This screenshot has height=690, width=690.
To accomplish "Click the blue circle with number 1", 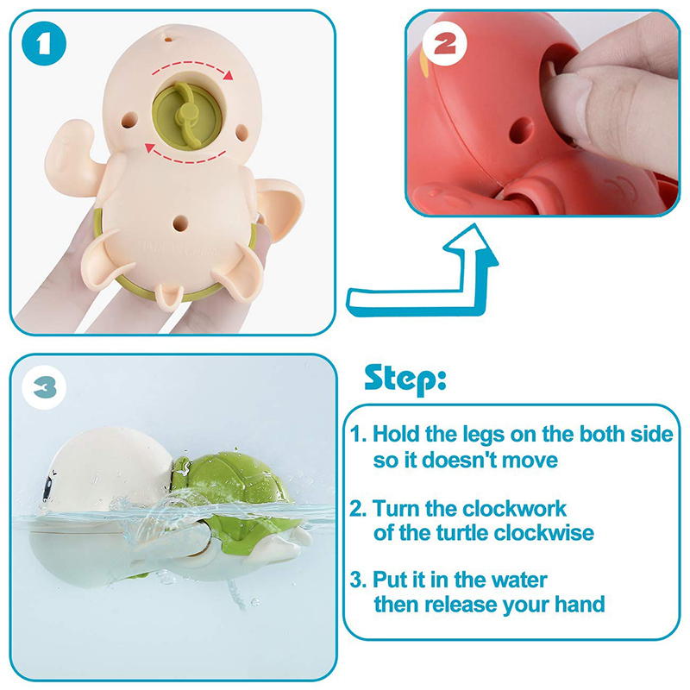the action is [x=44, y=44].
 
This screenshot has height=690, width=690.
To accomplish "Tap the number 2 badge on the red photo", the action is [x=444, y=44].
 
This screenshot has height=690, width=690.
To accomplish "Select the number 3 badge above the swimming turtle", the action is [x=44, y=387].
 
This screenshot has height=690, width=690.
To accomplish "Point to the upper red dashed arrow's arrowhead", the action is [x=228, y=75].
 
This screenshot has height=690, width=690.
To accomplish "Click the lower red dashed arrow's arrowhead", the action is [x=150, y=148].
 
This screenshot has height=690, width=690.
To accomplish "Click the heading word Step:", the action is [x=405, y=379].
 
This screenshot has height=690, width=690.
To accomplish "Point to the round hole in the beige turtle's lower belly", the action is [x=180, y=223].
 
